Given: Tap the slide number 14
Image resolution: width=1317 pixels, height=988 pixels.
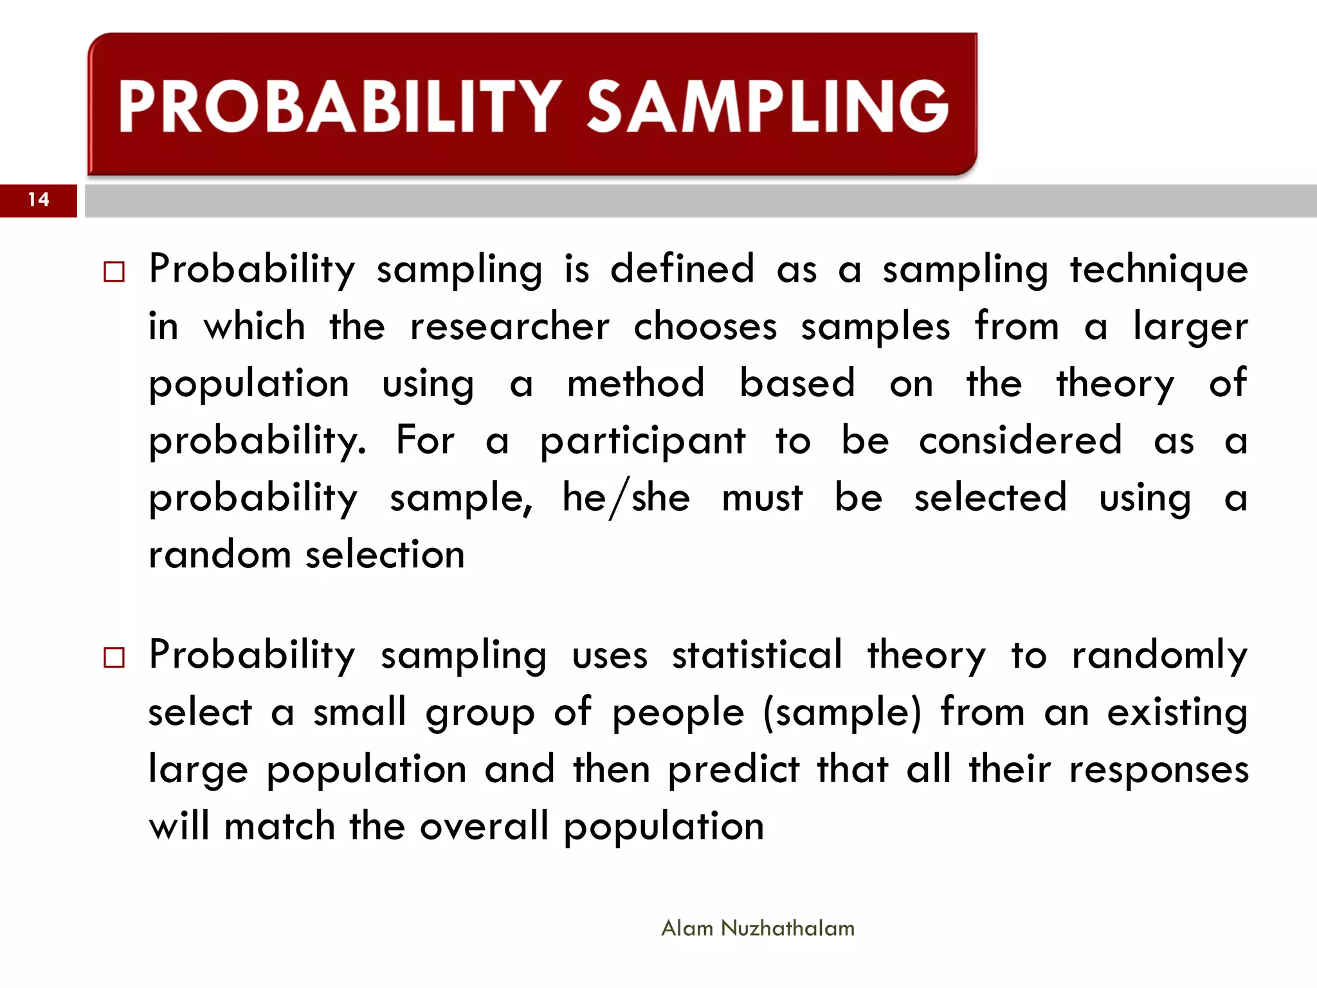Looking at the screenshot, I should (39, 200).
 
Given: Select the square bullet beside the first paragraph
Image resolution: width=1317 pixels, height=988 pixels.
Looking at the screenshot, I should (114, 272).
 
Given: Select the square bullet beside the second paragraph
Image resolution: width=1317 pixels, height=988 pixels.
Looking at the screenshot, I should (114, 658).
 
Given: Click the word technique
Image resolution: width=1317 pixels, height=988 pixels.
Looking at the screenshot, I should (1158, 270).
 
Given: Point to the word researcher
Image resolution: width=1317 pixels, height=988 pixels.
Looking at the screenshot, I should (509, 327).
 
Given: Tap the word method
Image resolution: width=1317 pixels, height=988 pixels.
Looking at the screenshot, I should (635, 383).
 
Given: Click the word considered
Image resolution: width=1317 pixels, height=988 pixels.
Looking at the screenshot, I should (1020, 441).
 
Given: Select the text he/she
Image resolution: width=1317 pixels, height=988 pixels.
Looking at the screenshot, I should (626, 499).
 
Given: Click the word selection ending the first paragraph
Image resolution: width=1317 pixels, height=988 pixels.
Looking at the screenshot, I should (385, 554).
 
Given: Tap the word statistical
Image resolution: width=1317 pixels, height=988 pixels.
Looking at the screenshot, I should (756, 655).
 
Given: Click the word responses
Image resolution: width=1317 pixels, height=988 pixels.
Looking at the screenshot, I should (1158, 771).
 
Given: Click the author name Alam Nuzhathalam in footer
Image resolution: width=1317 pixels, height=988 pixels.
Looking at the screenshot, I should (758, 928).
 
